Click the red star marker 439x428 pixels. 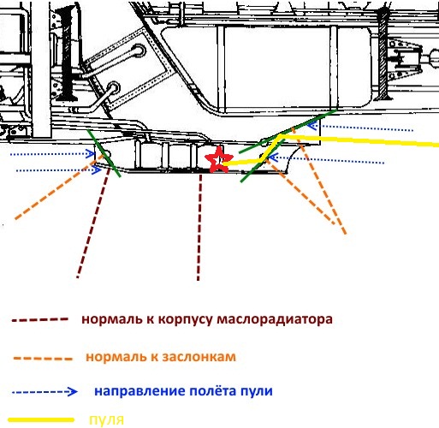pos(218,160)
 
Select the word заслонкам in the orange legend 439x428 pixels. pos(199,357)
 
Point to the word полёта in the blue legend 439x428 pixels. pos(213,390)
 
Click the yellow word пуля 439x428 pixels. pos(107,420)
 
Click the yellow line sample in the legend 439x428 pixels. pos(41,419)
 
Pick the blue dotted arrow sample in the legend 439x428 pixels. pos(44,391)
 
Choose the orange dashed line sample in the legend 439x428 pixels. pos(43,359)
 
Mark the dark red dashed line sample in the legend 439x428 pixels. pos(39,319)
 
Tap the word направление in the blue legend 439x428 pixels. pos(140,391)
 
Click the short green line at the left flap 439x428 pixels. pos(104,153)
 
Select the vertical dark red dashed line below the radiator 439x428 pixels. pos(199,228)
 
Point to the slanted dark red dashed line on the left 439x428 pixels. pos(93,223)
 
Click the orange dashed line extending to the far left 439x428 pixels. pos(58,187)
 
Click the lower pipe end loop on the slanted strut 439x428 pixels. pos(113,88)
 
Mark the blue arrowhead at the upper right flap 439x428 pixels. pos(313,125)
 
